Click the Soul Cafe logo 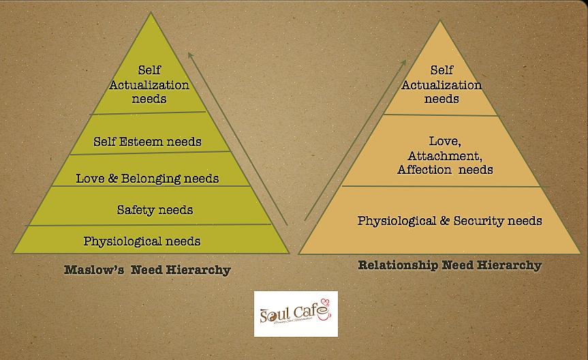pos(296,314)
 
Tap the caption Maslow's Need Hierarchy pos(147,270)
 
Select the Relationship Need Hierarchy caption pos(450,265)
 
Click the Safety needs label pos(155,210)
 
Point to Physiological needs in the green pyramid pos(142,241)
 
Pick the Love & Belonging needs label pos(147,179)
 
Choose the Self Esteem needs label pos(147,142)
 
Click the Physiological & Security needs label pos(450,221)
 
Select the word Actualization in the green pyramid pos(149,85)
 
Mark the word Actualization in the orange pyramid pos(442,85)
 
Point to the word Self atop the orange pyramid pos(442,70)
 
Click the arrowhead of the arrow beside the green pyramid pos(191,55)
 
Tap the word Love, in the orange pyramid pos(446,142)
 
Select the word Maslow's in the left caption pos(91,270)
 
